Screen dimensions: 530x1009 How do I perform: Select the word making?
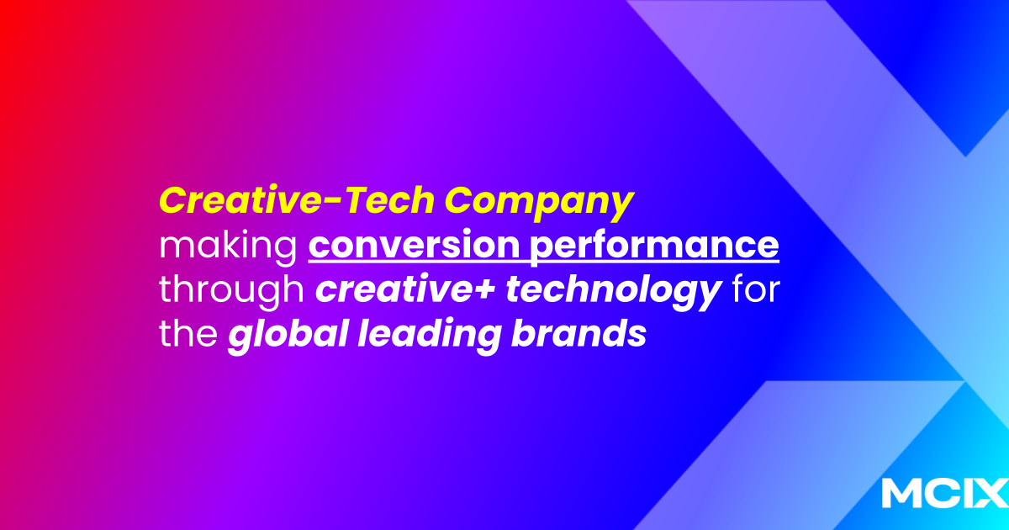(x=226, y=246)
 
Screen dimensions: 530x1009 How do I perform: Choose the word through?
(x=231, y=291)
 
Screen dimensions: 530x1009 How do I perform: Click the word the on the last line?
(x=187, y=335)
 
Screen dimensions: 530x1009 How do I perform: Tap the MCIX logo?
(x=943, y=494)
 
